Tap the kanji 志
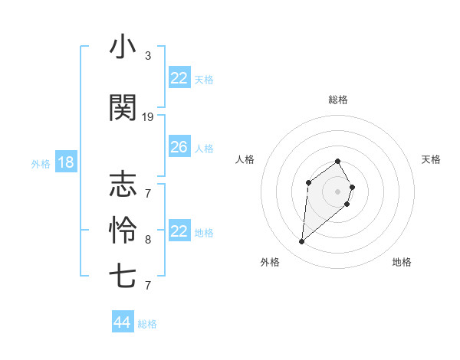(x=123, y=185)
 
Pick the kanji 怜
(x=123, y=229)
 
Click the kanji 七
(x=123, y=275)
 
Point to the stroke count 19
(x=148, y=117)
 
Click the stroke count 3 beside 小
(x=148, y=56)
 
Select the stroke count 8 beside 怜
(x=148, y=240)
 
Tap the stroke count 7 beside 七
(x=148, y=286)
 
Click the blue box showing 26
(x=179, y=147)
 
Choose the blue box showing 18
(x=65, y=162)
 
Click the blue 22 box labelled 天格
(x=179, y=78)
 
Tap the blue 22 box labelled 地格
(x=179, y=231)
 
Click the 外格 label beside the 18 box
(x=40, y=163)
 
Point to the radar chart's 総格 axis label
(x=338, y=100)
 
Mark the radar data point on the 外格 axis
(x=302, y=242)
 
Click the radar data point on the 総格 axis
(x=338, y=161)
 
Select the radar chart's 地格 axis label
(x=402, y=262)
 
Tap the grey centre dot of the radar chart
(x=338, y=191)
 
